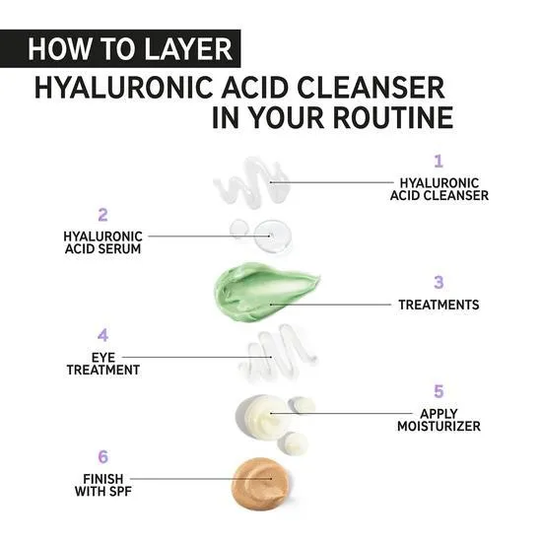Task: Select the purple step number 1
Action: pyautogui.click(x=439, y=161)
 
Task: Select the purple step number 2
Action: pyautogui.click(x=102, y=214)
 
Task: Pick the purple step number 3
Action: pyautogui.click(x=439, y=283)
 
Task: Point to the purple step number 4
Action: pyautogui.click(x=102, y=336)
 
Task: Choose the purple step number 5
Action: pyautogui.click(x=439, y=391)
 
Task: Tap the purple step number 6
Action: pyautogui.click(x=102, y=457)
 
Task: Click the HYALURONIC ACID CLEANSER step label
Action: pyautogui.click(x=439, y=189)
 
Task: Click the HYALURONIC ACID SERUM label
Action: pyautogui.click(x=102, y=242)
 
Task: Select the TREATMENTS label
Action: pyautogui.click(x=439, y=305)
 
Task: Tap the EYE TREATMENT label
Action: pyautogui.click(x=102, y=364)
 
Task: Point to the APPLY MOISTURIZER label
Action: pyautogui.click(x=439, y=420)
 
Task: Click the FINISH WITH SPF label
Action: pyautogui.click(x=102, y=485)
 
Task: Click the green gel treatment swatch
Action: pyautogui.click(x=264, y=291)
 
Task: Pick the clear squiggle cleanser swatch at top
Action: pyautogui.click(x=252, y=182)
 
